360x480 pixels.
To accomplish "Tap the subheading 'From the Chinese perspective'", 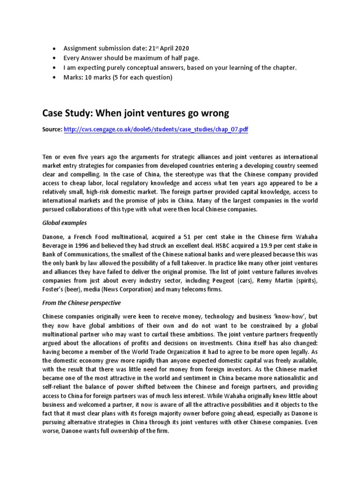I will pyautogui.click(x=82, y=302).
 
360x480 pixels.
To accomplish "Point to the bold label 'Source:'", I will pyautogui.click(x=52, y=129).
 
